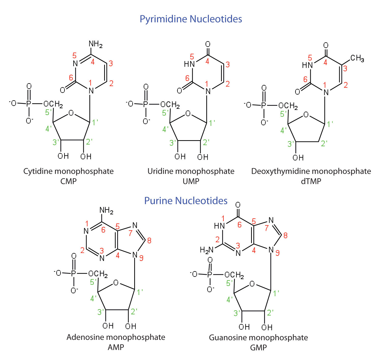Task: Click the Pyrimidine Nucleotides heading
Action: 191,19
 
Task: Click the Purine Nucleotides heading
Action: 186,201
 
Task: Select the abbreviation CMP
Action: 69,181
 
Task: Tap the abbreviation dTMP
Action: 311,181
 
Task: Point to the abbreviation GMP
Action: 258,347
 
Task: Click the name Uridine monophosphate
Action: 191,171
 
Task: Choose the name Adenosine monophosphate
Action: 116,337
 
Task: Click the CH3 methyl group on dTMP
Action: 357,58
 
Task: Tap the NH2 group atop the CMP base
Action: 95,44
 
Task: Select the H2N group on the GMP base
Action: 207,250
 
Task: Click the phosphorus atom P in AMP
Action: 74,273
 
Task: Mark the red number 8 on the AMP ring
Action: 149,240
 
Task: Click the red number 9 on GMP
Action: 277,253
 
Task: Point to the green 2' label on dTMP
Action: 324,143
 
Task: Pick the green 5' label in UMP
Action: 165,113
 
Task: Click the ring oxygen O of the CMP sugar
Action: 71,113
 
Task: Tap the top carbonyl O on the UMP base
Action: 208,45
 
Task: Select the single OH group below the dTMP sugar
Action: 298,158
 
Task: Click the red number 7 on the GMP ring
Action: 267,228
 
